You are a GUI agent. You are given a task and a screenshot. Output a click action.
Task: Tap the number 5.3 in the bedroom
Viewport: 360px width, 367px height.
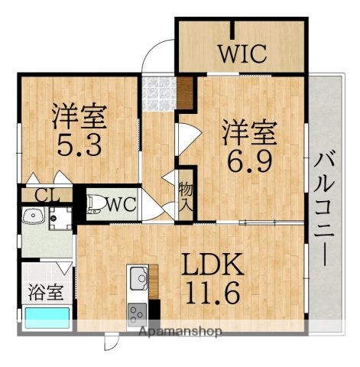click(79, 145)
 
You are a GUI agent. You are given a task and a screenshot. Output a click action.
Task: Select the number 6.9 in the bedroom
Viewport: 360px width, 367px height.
click(248, 161)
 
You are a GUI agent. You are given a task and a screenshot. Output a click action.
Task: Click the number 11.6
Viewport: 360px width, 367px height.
click(212, 292)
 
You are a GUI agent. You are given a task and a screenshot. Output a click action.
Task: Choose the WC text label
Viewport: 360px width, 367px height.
click(121, 204)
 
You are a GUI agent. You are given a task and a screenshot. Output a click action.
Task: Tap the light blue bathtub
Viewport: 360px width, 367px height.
click(47, 317)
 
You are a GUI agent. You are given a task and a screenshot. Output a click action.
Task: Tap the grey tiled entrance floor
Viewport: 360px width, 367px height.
click(157, 92)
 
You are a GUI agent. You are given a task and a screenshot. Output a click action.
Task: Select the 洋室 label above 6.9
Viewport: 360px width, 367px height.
click(248, 132)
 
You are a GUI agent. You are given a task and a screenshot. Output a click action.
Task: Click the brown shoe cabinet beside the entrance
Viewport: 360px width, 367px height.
click(186, 91)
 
